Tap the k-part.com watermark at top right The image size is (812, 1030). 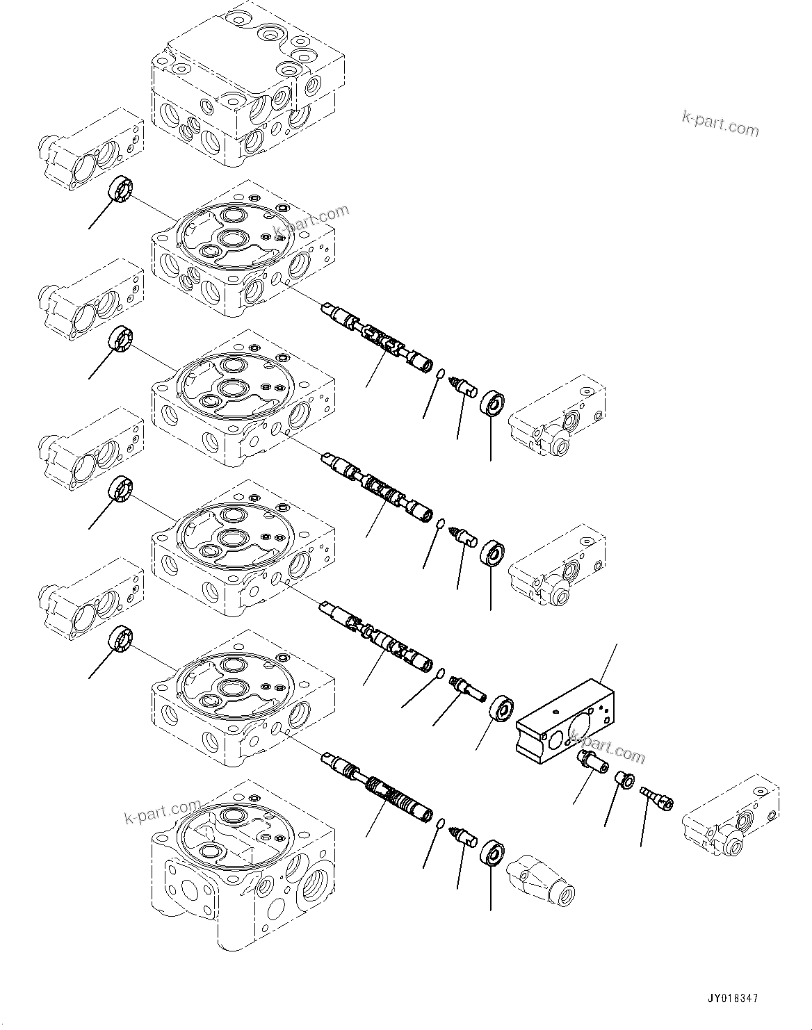pyautogui.click(x=720, y=125)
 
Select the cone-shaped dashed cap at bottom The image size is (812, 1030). pyautogui.click(x=542, y=881)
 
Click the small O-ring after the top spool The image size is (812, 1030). pyautogui.click(x=440, y=375)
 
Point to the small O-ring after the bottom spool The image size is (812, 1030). pyautogui.click(x=440, y=824)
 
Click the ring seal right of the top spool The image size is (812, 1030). pyautogui.click(x=492, y=404)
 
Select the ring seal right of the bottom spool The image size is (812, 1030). pyautogui.click(x=492, y=853)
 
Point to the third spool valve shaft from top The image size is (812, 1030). pyautogui.click(x=376, y=635)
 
